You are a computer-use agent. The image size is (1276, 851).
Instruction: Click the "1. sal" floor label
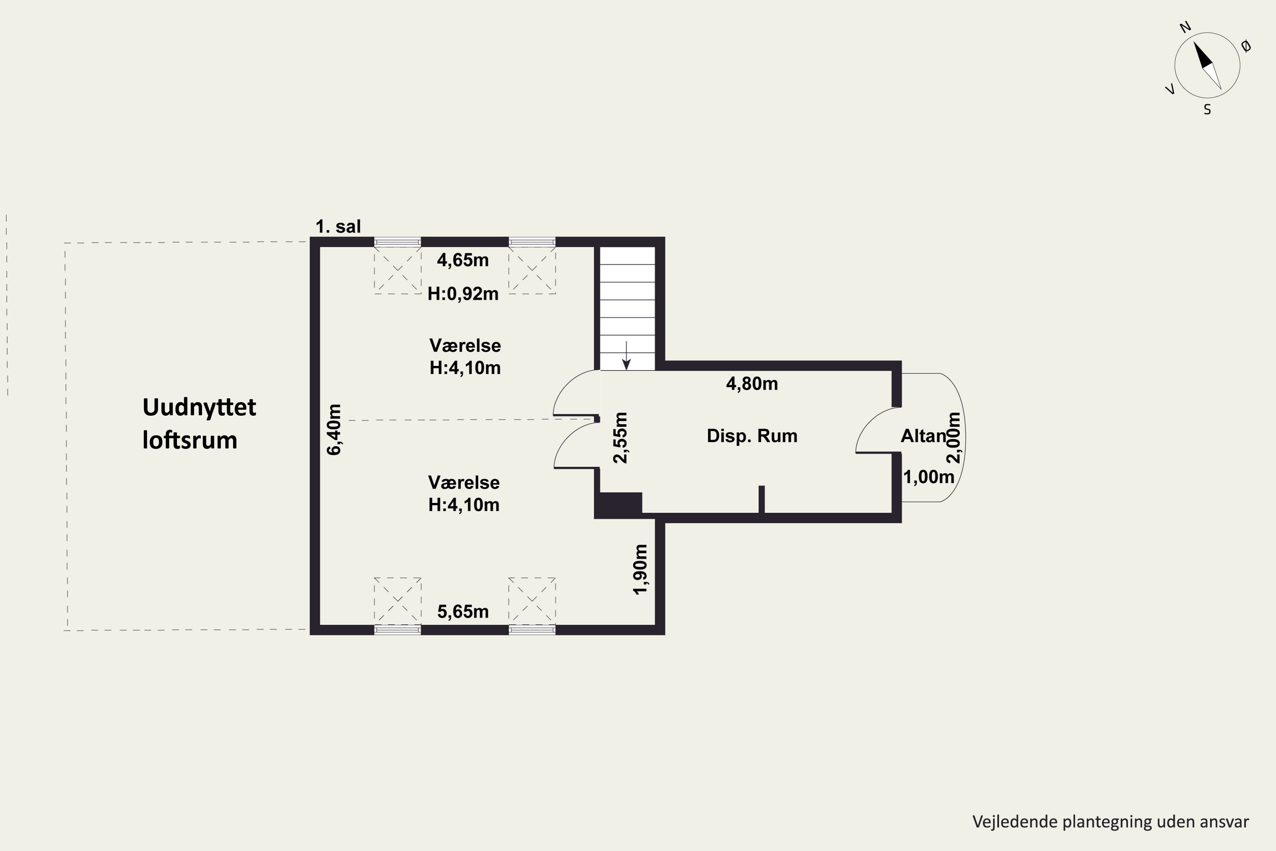coord(338,226)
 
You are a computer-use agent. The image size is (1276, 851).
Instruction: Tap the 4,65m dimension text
coord(463,260)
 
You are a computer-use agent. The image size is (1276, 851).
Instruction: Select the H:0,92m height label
coord(463,294)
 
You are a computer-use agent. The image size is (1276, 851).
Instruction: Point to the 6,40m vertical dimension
coord(334,429)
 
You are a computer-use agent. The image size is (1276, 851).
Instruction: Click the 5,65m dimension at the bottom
coord(463,612)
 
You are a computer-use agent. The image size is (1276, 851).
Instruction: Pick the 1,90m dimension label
coord(641,569)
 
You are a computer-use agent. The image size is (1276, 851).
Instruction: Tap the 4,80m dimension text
coord(752,384)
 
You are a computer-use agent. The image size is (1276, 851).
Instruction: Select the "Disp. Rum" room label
coord(752,436)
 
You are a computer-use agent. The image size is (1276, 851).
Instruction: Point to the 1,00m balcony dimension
coord(928,477)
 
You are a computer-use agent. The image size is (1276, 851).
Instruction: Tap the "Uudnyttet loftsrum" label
coord(199,424)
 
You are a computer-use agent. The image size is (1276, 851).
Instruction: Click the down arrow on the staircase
coord(626,355)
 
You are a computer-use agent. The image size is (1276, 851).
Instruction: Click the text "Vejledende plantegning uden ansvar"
coord(1111,822)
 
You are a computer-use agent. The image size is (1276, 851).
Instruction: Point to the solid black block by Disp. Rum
coord(618,505)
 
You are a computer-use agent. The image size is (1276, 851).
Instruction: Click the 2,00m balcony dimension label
coord(953,437)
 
